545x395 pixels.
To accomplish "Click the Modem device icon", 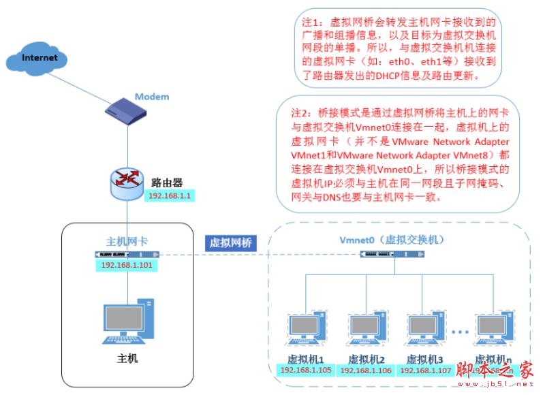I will [x=127, y=109].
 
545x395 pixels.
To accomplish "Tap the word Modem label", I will [x=151, y=97].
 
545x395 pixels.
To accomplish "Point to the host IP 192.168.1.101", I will [x=127, y=265].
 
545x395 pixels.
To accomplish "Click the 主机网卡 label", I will [x=127, y=241].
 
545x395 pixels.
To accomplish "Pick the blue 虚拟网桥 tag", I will [x=230, y=243].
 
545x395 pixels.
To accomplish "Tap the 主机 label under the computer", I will [x=127, y=358].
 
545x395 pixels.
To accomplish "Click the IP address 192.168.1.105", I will [x=305, y=370].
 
